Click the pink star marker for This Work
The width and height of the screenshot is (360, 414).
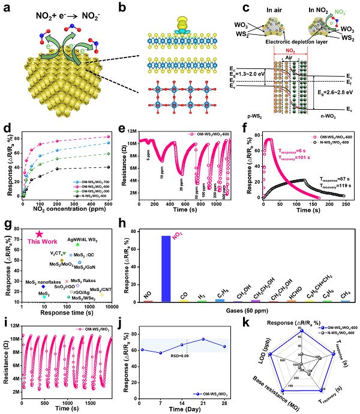39,234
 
